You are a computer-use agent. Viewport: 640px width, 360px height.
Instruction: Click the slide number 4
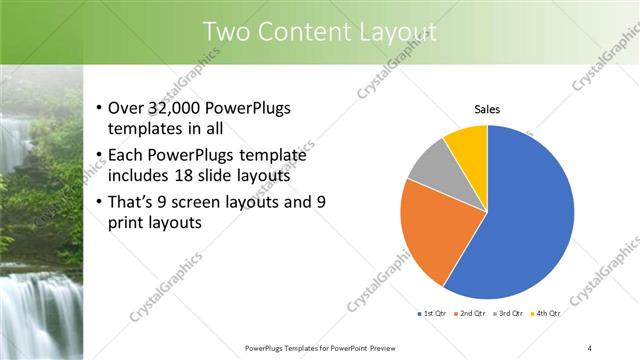[589, 347]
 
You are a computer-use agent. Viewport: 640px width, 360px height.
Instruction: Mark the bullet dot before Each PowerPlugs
[98, 156]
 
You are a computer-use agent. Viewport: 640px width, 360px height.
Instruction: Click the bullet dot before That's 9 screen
[98, 202]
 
